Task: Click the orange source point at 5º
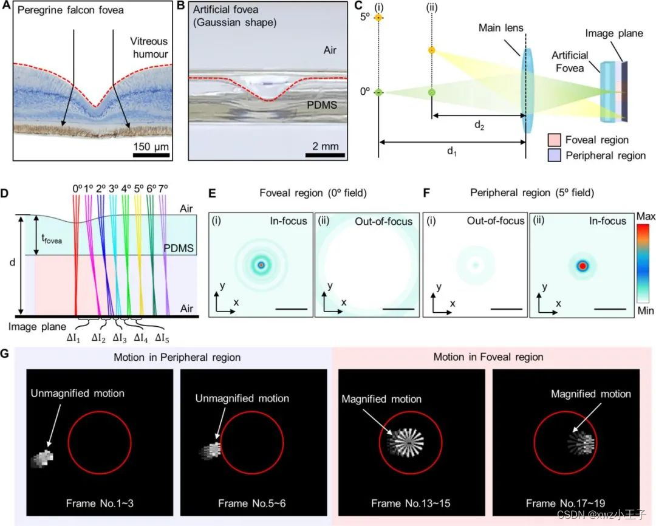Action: pyautogui.click(x=378, y=18)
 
